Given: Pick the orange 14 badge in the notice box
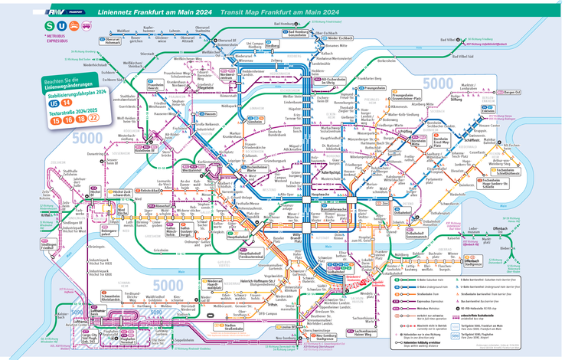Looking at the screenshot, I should (x=67, y=102).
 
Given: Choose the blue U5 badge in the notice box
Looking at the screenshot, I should (x=53, y=102).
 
